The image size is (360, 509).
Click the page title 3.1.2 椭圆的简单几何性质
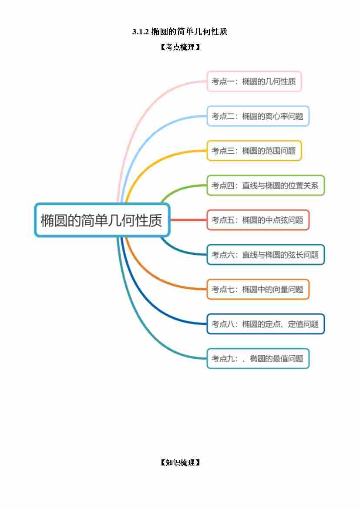point(179,31)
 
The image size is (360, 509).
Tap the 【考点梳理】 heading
point(180,47)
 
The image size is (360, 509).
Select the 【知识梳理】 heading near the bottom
point(180,462)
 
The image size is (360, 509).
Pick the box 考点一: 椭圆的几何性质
point(254,81)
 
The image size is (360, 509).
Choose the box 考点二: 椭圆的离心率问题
point(258,116)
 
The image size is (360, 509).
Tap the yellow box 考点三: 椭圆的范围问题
point(254,151)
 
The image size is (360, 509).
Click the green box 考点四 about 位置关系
point(266,185)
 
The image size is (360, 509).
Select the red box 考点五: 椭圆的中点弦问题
point(258,220)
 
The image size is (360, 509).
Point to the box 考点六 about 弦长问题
point(266,255)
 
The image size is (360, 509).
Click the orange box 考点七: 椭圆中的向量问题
point(258,289)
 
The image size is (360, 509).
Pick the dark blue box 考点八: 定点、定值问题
point(266,324)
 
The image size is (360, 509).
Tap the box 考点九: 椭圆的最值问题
point(258,359)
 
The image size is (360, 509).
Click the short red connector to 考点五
point(188,220)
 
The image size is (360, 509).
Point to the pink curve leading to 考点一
point(140,110)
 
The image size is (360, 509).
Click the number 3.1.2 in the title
point(140,32)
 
